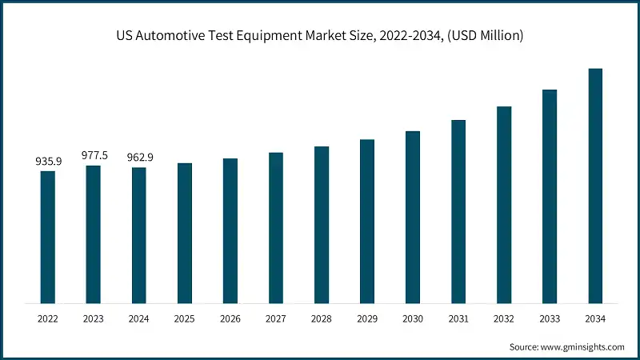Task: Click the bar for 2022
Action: (48, 237)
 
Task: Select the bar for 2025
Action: (185, 233)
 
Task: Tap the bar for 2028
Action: (322, 225)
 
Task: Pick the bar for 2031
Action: (458, 211)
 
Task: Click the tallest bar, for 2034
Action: (595, 186)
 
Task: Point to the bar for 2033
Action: (550, 196)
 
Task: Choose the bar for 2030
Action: (413, 217)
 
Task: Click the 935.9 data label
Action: (48, 162)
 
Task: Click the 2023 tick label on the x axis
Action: (94, 318)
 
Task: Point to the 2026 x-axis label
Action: (230, 318)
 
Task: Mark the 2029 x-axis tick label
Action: (367, 318)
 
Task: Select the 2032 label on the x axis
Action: (504, 318)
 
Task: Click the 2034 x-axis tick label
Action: (595, 318)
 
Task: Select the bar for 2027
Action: (276, 228)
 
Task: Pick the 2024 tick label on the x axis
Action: (139, 318)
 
